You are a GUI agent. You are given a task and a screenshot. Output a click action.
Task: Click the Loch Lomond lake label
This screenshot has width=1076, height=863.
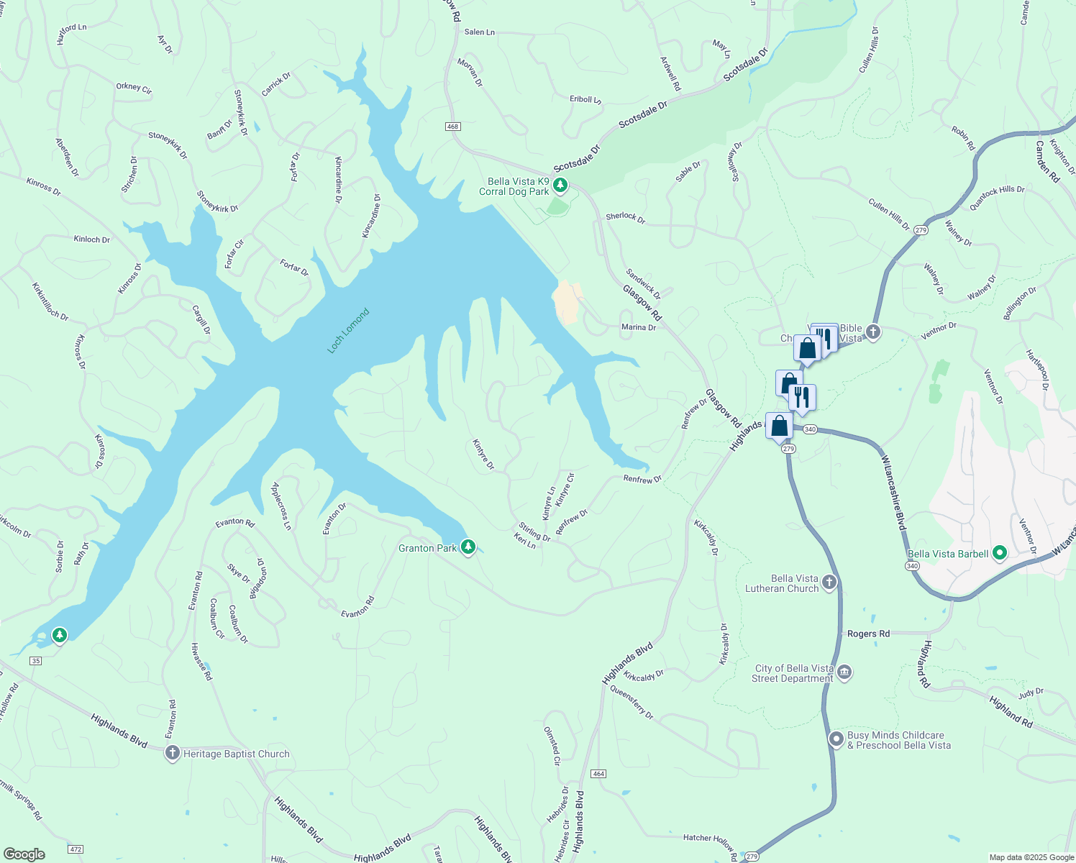coord(348,331)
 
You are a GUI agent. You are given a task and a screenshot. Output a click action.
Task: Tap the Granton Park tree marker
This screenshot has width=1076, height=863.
coord(468,547)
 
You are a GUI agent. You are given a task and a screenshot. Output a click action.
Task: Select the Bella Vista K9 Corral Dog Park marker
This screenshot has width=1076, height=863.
coord(560,186)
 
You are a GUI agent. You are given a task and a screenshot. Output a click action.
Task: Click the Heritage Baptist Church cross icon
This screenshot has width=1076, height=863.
coord(172,753)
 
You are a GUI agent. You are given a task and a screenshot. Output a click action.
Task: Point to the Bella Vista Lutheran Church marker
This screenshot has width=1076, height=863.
coord(829,583)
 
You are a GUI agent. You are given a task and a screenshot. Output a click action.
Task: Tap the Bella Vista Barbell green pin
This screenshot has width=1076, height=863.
coord(999,553)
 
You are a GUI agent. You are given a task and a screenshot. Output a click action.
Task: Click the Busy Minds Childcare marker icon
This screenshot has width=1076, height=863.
coord(836,739)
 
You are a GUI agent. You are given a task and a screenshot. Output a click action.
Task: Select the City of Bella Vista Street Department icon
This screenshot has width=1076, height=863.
coord(844,673)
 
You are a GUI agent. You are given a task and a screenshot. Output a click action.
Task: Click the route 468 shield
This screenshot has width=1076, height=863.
coord(452,127)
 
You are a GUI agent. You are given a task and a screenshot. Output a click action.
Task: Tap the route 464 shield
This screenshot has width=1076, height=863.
coord(598,774)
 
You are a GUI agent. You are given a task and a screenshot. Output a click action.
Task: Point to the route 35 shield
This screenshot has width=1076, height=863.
coord(37,660)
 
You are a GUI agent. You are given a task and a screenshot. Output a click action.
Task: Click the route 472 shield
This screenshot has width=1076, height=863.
coord(76,850)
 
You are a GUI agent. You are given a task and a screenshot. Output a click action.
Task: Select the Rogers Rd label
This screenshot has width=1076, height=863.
coord(868,634)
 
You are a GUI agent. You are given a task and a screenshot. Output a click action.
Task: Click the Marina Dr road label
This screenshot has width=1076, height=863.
coord(639,327)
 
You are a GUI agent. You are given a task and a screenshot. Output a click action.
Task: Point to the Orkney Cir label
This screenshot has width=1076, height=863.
coord(134,88)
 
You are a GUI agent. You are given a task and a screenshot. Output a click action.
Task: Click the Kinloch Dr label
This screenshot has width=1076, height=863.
coord(92,239)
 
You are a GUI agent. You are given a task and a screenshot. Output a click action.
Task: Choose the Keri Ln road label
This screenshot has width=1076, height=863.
coord(524,541)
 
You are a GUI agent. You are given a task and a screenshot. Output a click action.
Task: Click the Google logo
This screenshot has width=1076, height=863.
coord(24,854)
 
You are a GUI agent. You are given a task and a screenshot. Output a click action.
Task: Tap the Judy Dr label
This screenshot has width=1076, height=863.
coord(1030,693)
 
